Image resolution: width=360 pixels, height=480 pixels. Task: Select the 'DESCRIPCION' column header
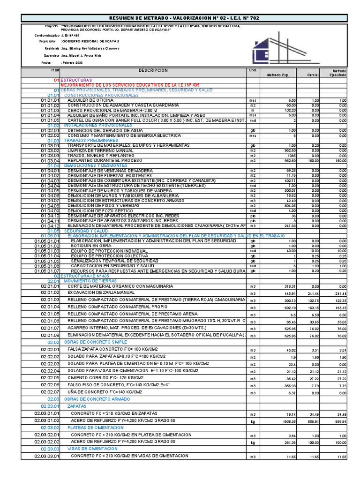153,70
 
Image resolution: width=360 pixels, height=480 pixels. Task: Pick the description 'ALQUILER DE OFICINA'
90,100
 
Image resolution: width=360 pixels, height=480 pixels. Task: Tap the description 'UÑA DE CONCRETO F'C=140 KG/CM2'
105,391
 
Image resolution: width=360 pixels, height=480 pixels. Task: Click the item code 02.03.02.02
47,442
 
